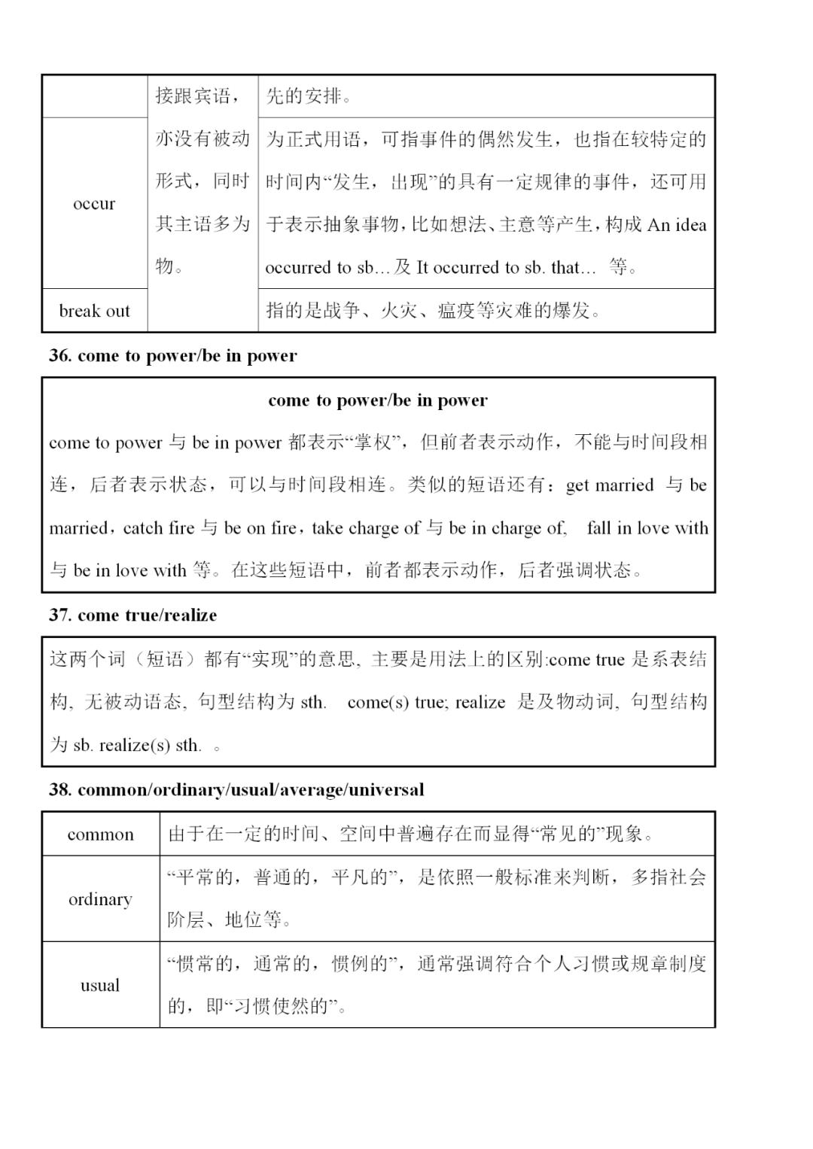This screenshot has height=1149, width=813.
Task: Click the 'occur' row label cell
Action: click(94, 204)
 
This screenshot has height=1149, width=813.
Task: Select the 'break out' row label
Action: click(94, 311)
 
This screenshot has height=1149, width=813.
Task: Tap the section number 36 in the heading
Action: click(59, 356)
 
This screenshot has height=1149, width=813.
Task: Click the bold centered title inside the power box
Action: click(377, 400)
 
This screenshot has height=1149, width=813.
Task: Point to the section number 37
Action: click(59, 616)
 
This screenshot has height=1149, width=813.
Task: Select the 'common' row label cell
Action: click(100, 834)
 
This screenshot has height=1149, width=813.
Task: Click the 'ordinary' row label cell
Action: click(100, 899)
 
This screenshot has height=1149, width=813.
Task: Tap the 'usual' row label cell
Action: click(100, 986)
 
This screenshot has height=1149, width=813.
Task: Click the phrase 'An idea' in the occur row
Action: click(677, 225)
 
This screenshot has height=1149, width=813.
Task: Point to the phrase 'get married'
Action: click(609, 485)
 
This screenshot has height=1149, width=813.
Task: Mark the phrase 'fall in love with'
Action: click(647, 528)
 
